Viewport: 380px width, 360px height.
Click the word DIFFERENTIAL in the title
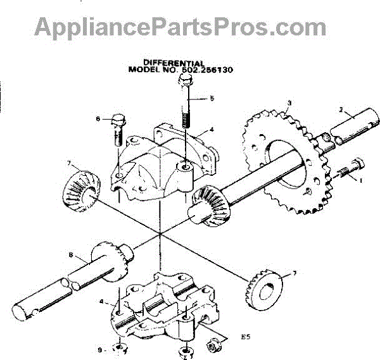click(x=174, y=64)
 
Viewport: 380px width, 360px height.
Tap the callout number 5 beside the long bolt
click(x=212, y=99)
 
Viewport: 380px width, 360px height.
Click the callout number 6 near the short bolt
click(x=98, y=118)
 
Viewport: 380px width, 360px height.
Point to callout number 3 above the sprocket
click(x=289, y=103)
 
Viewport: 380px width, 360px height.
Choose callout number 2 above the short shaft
click(x=342, y=110)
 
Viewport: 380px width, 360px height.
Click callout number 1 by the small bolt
click(x=361, y=180)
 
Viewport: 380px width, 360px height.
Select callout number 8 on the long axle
click(x=71, y=256)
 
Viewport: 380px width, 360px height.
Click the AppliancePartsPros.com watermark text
click(x=180, y=27)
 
